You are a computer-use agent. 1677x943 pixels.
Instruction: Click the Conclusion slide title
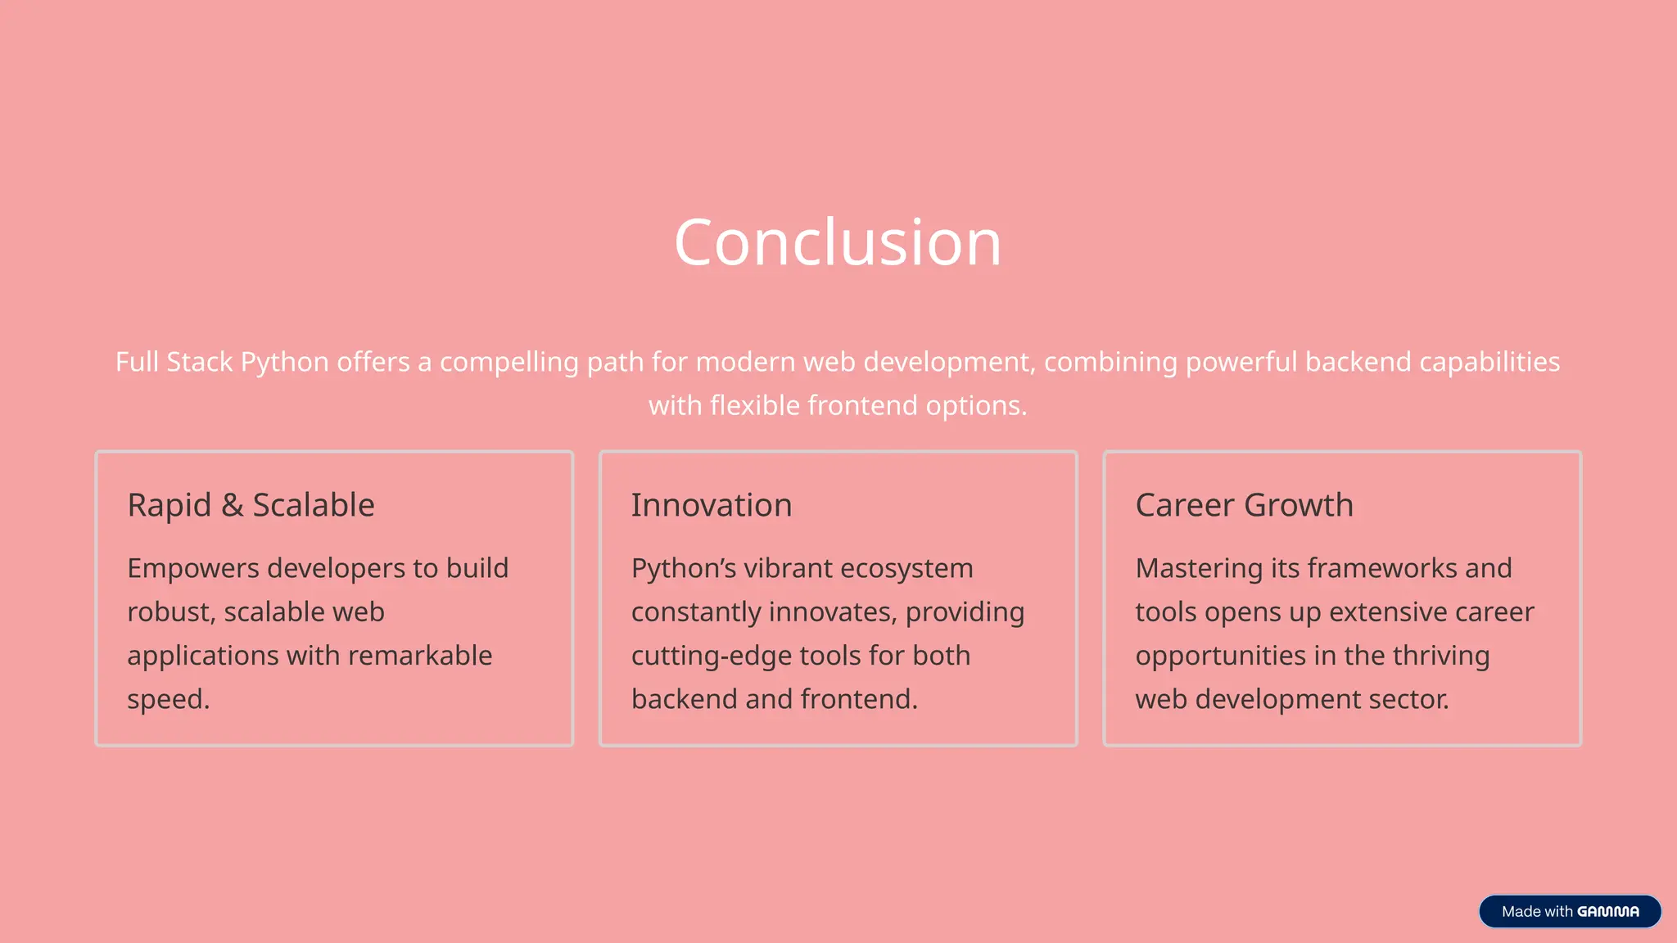click(x=838, y=242)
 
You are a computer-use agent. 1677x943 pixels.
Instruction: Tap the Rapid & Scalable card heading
click(x=251, y=505)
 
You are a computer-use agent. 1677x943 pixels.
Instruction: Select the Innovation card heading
click(x=711, y=505)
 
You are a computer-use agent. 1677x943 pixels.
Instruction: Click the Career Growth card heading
click(x=1244, y=505)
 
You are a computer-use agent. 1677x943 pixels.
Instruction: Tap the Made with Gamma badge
click(x=1569, y=911)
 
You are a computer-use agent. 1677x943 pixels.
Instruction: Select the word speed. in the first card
click(x=168, y=700)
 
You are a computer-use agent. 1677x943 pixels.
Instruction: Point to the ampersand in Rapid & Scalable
click(x=232, y=506)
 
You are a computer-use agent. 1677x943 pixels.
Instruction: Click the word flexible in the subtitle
click(x=754, y=406)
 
